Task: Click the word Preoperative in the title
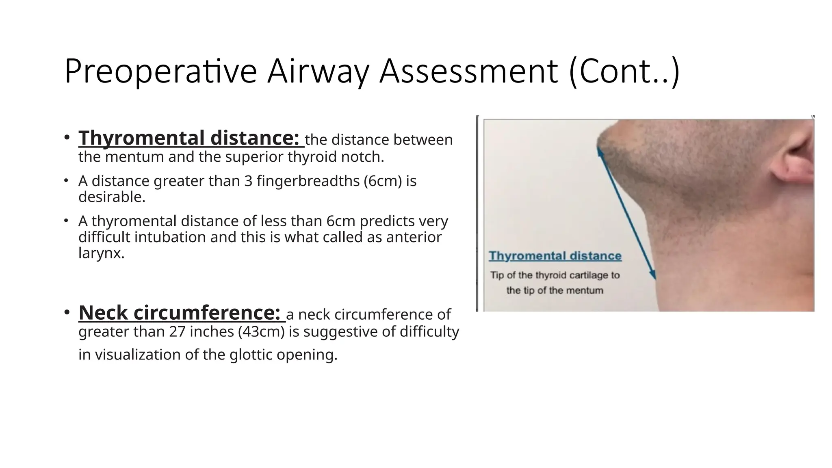160,71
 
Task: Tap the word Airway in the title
318,71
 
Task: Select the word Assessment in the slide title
468,71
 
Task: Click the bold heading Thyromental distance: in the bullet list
191,138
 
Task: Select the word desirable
112,197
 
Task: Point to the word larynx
101,253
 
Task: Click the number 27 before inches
177,332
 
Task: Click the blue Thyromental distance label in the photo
555,256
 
